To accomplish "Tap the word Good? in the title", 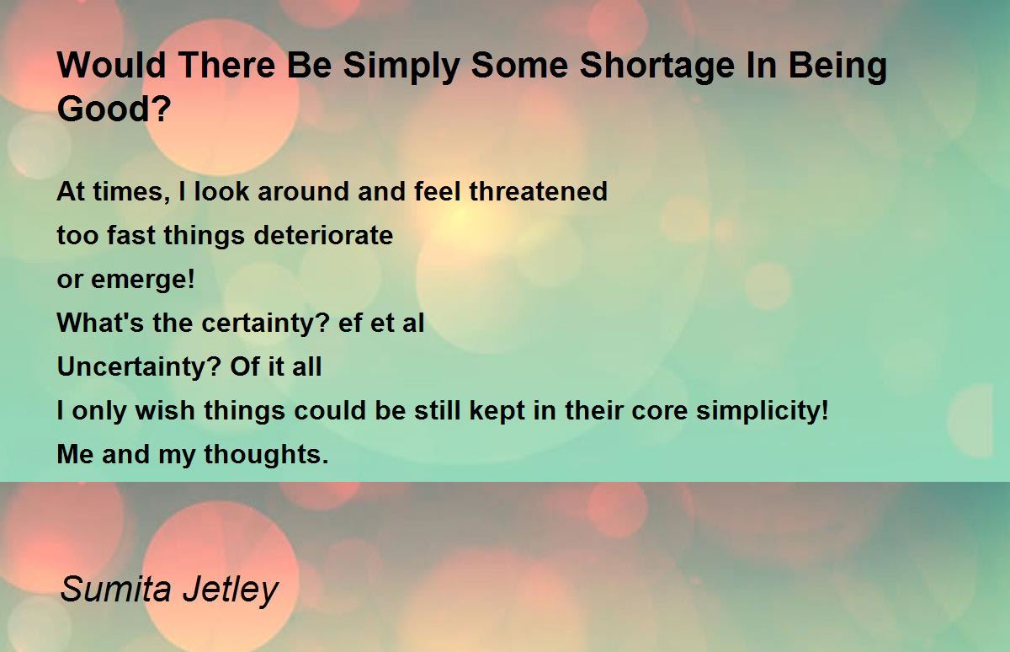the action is pyautogui.click(x=114, y=109).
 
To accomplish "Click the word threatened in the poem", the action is pyautogui.click(x=539, y=191).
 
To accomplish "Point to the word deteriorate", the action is pyautogui.click(x=323, y=235).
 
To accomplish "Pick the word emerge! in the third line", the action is pyautogui.click(x=143, y=281).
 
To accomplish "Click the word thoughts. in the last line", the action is pyautogui.click(x=267, y=454).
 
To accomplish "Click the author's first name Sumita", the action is pyautogui.click(x=116, y=589).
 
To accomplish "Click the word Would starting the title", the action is pyautogui.click(x=112, y=66).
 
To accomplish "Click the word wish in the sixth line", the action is pyautogui.click(x=165, y=410).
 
